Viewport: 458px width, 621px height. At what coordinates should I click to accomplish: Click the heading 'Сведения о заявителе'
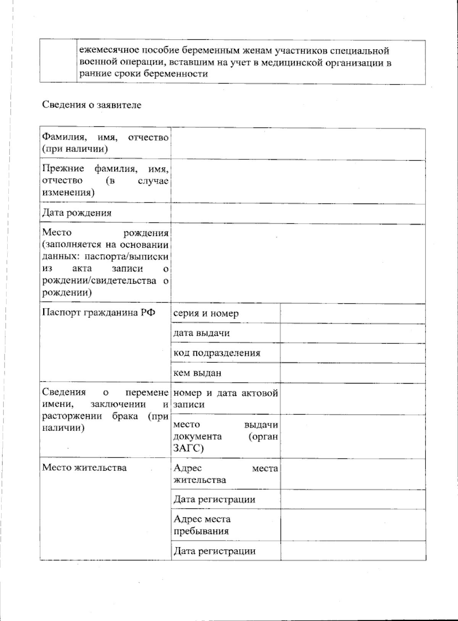(x=92, y=105)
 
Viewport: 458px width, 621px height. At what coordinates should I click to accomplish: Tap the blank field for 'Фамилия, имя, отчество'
(x=298, y=144)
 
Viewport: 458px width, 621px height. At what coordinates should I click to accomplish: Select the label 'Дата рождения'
(x=77, y=213)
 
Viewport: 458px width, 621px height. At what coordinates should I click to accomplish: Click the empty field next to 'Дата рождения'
(x=298, y=213)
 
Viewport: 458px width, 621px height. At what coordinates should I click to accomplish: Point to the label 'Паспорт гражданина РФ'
(x=98, y=313)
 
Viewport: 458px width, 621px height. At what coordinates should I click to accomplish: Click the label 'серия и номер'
(x=206, y=314)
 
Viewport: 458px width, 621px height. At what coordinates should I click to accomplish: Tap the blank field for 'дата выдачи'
(x=353, y=333)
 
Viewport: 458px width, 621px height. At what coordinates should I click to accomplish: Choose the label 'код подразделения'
(x=217, y=353)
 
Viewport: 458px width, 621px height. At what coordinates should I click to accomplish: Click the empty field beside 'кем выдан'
(x=353, y=373)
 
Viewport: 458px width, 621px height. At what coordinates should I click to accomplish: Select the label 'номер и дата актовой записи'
(x=226, y=398)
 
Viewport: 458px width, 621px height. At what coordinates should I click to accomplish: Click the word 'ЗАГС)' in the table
(x=189, y=448)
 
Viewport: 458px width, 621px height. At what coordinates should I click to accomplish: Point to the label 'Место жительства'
(x=84, y=468)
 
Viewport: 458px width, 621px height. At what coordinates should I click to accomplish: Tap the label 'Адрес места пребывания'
(x=202, y=525)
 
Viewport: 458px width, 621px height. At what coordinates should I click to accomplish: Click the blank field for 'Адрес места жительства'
(x=353, y=474)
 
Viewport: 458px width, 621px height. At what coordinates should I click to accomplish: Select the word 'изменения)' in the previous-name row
(x=68, y=192)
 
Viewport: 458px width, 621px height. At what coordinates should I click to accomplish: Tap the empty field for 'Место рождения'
(x=298, y=263)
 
